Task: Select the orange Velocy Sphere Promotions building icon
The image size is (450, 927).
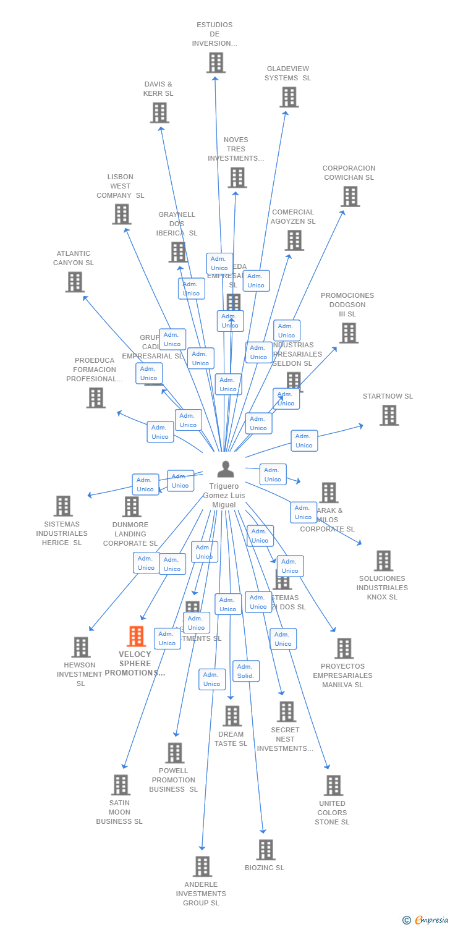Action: tap(136, 637)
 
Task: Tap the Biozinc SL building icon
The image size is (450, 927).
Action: tap(266, 850)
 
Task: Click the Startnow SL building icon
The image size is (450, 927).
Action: tap(389, 415)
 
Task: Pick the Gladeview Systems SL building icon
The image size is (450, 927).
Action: tap(289, 97)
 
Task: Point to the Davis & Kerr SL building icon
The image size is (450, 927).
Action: tap(159, 112)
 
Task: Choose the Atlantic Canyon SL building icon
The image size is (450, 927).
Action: tap(75, 282)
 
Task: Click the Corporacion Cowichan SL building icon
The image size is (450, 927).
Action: tap(350, 197)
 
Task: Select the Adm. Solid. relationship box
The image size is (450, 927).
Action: tap(245, 671)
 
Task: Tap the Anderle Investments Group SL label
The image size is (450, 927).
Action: tap(201, 894)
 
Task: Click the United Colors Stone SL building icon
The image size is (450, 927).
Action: tap(333, 785)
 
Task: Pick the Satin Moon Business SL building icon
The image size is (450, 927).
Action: tap(121, 785)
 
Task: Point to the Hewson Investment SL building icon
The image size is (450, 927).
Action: tap(81, 647)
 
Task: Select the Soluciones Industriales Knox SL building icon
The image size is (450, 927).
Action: tap(383, 561)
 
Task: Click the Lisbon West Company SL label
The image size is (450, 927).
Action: tap(120, 186)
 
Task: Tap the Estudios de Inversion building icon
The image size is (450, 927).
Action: tap(216, 62)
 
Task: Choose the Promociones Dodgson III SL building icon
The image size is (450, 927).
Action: tap(349, 333)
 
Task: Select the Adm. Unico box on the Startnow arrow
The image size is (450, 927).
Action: tap(304, 441)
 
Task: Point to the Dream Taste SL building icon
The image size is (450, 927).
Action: tap(232, 716)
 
